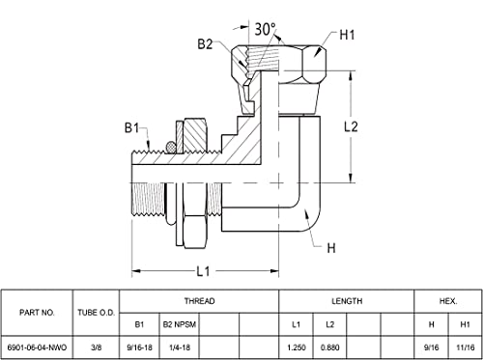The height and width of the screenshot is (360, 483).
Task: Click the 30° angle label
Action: tap(266, 29)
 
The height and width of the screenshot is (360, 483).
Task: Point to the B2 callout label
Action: tap(205, 44)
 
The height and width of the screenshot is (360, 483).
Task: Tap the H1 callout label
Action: tap(347, 35)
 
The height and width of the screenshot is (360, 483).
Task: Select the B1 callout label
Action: tap(132, 128)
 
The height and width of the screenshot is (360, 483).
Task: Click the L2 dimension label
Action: tap(351, 126)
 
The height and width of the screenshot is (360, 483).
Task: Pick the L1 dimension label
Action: tap(203, 271)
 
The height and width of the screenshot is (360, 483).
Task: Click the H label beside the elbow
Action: tap(331, 248)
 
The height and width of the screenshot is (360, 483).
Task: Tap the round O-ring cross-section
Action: tap(171, 148)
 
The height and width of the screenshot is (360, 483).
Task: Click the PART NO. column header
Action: tap(37, 313)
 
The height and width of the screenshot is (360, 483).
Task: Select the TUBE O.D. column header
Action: tap(97, 313)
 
